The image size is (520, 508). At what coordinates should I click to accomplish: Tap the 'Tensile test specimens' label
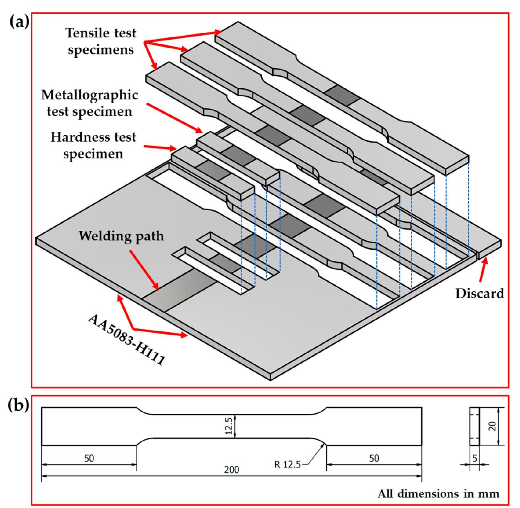101,42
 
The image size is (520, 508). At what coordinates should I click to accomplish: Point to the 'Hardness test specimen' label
93,145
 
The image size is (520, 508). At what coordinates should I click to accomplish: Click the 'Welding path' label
121,236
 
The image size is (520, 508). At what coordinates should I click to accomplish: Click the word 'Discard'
479,293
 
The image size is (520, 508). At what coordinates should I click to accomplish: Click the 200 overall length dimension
232,469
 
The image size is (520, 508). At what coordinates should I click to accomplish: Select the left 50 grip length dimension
89,458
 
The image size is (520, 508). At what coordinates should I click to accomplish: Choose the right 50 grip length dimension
374,458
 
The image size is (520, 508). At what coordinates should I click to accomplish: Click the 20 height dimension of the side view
493,426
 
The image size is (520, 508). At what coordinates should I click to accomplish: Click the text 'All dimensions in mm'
439,493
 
